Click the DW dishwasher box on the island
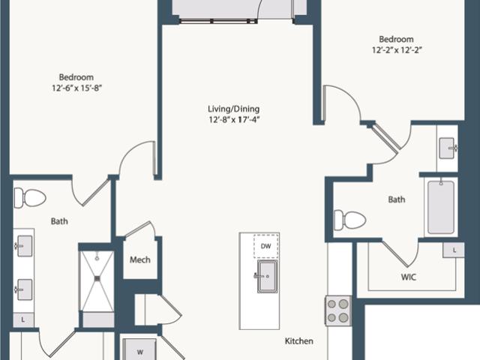266,246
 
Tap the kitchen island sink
267,276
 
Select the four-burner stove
338,310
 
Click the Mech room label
140,260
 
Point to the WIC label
409,277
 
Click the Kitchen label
299,341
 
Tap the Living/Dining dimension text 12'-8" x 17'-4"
234,119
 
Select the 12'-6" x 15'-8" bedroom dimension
76,88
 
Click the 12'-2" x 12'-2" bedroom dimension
397,50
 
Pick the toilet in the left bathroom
30,198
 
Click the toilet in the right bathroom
350,220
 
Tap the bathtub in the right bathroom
441,207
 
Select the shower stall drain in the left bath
97,278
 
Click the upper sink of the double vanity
24,246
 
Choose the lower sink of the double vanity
24,289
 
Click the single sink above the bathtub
448,148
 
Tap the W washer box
140,349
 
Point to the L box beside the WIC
454,250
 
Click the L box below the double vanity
23,320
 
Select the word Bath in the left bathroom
59,221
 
